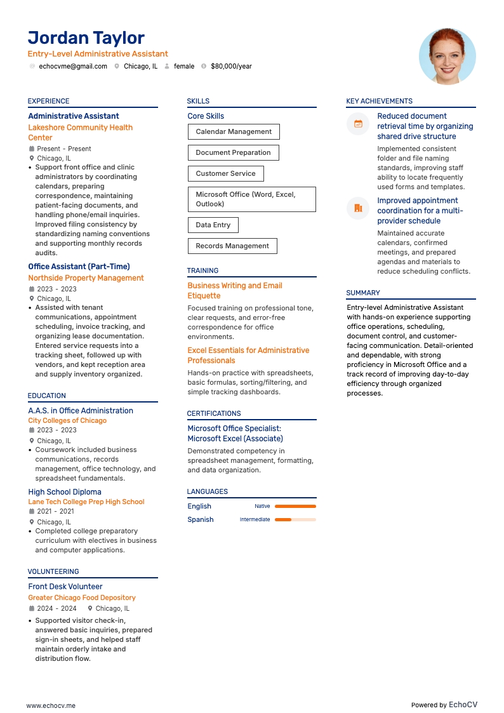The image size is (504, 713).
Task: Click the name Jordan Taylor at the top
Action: tap(86, 38)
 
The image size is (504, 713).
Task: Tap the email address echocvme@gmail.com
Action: tap(73, 66)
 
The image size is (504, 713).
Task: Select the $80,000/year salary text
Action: tap(231, 66)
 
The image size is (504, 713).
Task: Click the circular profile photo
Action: tap(447, 56)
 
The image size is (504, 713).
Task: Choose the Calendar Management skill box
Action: tap(233, 132)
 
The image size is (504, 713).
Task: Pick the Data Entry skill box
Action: tap(213, 225)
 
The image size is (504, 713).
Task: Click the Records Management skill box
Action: tap(232, 246)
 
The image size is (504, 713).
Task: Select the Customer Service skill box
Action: tap(225, 173)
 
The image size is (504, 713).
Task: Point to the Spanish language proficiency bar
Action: tap(295, 519)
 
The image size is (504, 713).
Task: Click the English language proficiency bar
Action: tap(295, 506)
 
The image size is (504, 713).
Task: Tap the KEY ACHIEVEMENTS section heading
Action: tap(379, 101)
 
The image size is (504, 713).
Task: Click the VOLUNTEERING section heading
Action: tap(53, 571)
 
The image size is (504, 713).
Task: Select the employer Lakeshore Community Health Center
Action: tap(80, 132)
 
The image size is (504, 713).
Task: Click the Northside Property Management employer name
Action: tap(86, 278)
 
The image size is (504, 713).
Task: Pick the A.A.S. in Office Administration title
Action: tap(81, 411)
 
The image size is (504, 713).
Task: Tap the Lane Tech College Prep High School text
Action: tap(86, 502)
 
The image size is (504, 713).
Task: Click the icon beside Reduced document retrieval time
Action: tap(358, 124)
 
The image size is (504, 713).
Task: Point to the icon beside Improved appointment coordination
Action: tap(358, 208)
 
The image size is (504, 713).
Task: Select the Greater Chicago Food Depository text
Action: tap(82, 597)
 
